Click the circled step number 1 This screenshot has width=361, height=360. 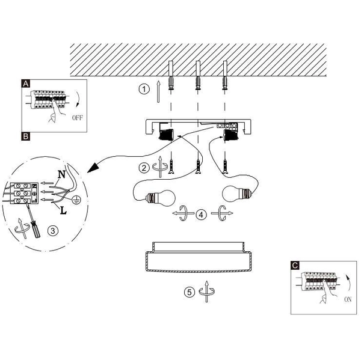pos(144,89)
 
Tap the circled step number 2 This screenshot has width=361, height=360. pos(144,168)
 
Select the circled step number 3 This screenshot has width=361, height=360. pos(53,231)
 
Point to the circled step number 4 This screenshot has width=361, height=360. pos(201,215)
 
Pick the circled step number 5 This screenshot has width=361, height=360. pos(190,292)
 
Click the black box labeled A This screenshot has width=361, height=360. pos(25,84)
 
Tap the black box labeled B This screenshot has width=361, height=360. pos(25,136)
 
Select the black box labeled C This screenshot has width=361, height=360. pos(295,265)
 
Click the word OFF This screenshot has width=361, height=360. pos(77,118)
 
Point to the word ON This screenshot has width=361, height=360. pos(348,299)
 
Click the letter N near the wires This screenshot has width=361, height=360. pos(61,174)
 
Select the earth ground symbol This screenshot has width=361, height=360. pos(76,200)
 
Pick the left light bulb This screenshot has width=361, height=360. pos(161,197)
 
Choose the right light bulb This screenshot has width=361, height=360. pos(236,194)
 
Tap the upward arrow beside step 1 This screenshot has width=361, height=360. pos(158,91)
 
